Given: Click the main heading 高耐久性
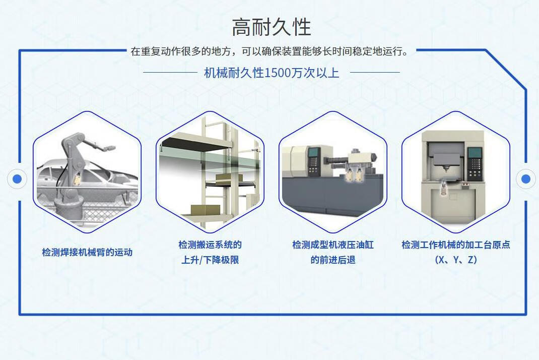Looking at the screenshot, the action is coord(271,28).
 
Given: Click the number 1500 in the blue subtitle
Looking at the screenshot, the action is coord(278,73).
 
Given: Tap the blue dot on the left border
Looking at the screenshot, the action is coord(17,178).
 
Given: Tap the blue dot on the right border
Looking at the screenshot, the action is coord(525,178).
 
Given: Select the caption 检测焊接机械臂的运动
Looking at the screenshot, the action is coord(87,252).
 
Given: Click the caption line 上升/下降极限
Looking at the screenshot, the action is coord(210,260).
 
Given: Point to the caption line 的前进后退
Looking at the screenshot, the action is coord(333,260).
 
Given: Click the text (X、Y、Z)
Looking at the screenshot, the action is coord(456,260).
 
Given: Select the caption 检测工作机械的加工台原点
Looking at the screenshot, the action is coord(456,245).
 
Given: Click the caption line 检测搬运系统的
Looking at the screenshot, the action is coord(210,245).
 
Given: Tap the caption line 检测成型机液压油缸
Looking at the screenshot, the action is coord(333,245).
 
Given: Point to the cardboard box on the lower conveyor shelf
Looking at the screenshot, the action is coord(205,210).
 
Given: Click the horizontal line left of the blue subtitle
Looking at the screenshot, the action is coord(170,73).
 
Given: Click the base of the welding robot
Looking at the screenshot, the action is coord(68,209).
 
